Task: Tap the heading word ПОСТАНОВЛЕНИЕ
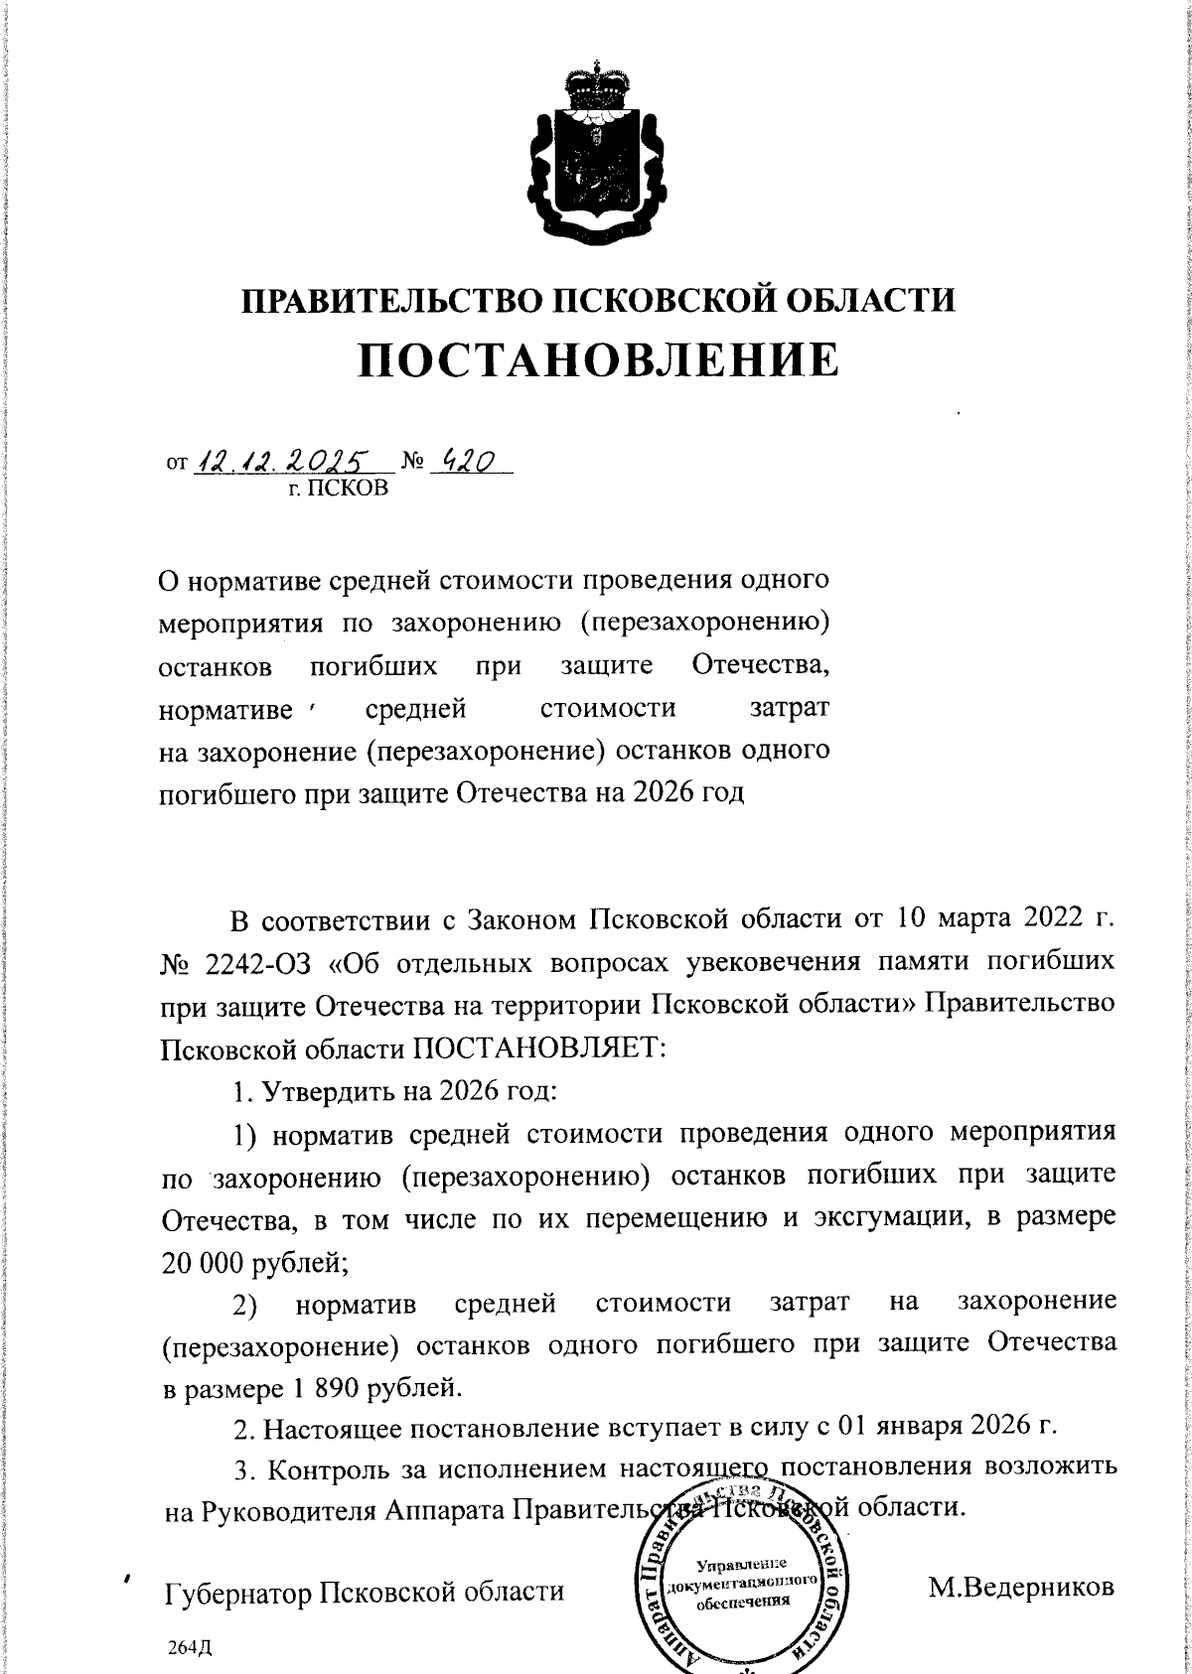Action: (598, 360)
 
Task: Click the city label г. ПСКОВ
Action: (338, 488)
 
